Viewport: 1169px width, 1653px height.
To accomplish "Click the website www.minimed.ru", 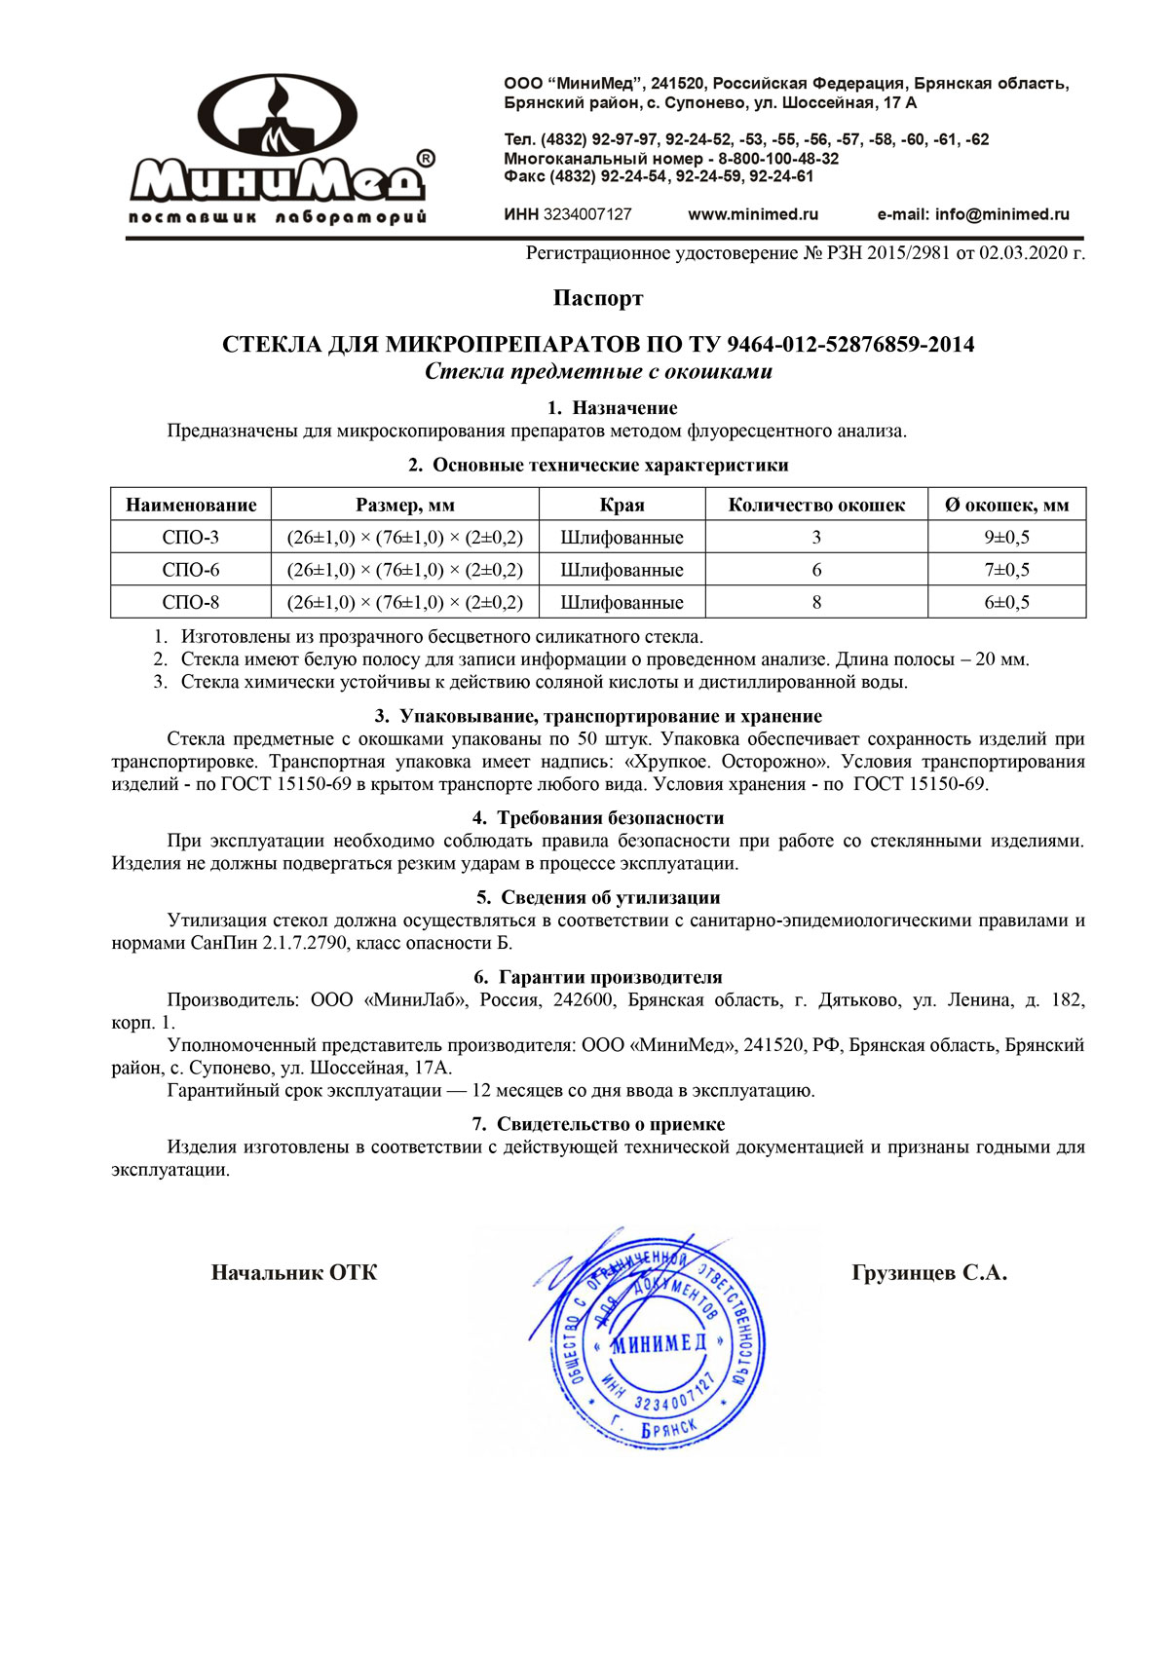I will pos(753,214).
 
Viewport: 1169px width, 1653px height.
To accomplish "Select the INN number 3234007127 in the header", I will pos(586,214).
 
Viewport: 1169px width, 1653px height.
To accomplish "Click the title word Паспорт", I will pos(598,298).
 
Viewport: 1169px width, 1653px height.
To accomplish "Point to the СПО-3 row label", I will pos(191,537).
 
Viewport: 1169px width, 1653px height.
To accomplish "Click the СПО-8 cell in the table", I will pos(191,602).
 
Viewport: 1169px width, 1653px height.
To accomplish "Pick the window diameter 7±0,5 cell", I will pos(1006,570).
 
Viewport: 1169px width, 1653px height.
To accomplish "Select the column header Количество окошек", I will pos(816,505).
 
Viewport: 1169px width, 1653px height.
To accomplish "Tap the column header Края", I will pos(622,505).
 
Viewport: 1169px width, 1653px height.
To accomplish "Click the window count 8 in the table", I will pos(816,602).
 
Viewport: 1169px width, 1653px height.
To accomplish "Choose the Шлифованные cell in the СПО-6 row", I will pos(622,570).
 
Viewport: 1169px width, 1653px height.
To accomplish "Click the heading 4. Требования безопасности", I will pos(598,818).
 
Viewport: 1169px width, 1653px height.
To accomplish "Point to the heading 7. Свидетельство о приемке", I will pos(598,1124).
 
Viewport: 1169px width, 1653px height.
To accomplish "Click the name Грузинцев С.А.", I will pos(929,1273).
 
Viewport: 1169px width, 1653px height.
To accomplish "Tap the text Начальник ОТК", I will pos(294,1273).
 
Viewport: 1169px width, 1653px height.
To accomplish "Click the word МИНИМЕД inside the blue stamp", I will pos(659,1344).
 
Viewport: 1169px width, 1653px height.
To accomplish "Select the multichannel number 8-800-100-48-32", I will pos(778,159).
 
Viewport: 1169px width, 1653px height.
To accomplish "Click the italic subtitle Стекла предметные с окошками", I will pos(598,372).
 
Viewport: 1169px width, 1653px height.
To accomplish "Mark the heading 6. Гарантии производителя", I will pos(598,977).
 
